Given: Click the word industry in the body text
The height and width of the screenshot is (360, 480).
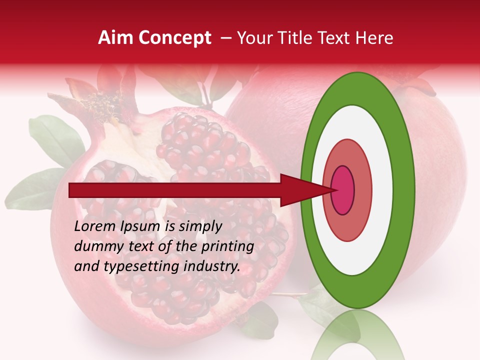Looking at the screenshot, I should coord(212,266).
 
